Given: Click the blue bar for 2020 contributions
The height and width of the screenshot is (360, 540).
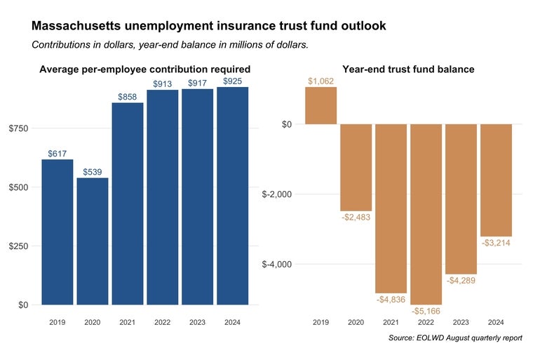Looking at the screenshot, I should pyautogui.click(x=93, y=241).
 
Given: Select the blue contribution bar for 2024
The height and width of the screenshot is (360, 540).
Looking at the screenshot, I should pyautogui.click(x=233, y=196).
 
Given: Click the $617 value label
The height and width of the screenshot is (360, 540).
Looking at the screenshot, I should pyautogui.click(x=58, y=153).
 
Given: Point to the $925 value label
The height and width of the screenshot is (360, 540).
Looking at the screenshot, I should pyautogui.click(x=233, y=81).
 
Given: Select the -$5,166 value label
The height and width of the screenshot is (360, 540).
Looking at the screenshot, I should pyautogui.click(x=426, y=310).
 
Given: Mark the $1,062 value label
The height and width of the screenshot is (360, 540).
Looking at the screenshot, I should pyautogui.click(x=321, y=81).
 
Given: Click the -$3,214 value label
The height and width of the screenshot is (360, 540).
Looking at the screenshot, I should pyautogui.click(x=497, y=243).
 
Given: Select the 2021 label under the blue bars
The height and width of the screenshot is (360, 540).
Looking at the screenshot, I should pyautogui.click(x=128, y=323).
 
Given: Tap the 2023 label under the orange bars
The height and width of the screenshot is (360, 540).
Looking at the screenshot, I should pyautogui.click(x=461, y=323).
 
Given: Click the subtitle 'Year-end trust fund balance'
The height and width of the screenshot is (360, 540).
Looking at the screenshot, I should pyautogui.click(x=408, y=69).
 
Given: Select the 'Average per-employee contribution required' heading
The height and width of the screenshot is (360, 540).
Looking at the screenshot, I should pyautogui.click(x=145, y=69).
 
